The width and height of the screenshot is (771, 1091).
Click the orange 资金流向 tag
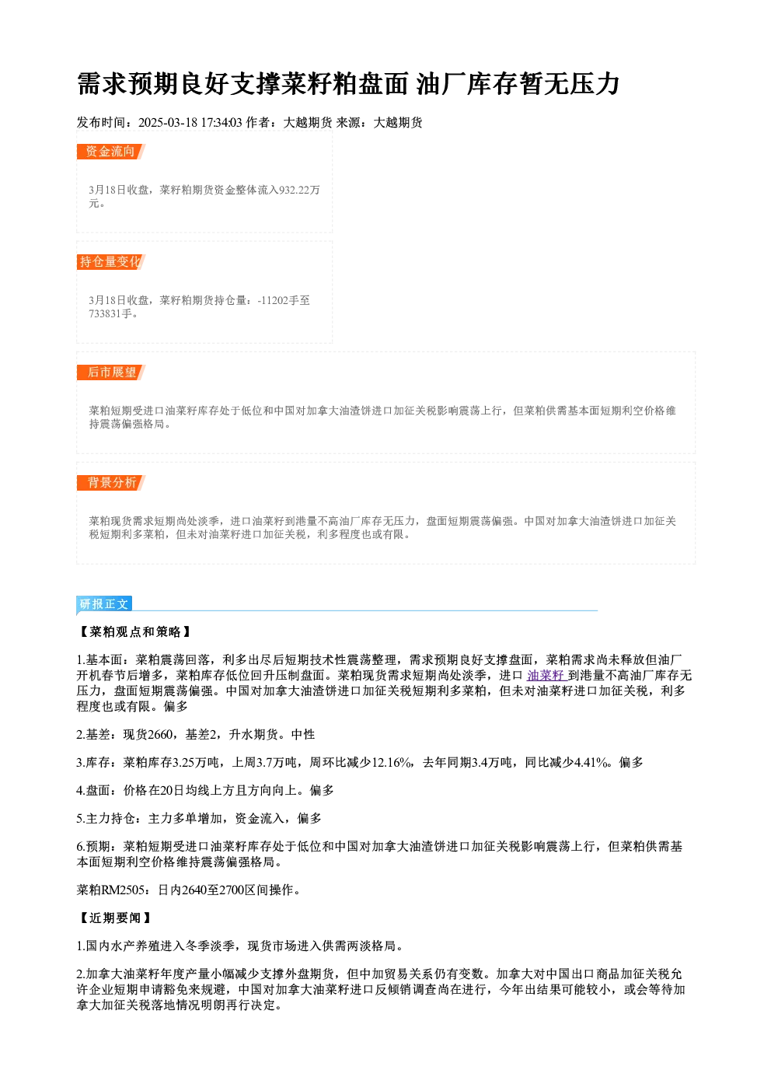tap(111, 152)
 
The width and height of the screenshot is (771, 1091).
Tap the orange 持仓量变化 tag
tap(111, 262)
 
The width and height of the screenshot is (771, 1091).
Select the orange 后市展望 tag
tap(111, 372)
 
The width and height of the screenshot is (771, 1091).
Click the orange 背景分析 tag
tap(111, 483)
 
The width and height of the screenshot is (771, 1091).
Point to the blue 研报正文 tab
tap(104, 604)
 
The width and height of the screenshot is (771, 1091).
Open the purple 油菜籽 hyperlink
tap(545, 676)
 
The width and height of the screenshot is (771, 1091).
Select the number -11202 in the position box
tap(273, 300)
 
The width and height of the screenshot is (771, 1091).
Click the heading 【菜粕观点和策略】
tap(134, 632)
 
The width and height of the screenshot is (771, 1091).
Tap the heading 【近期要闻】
tap(114, 918)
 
